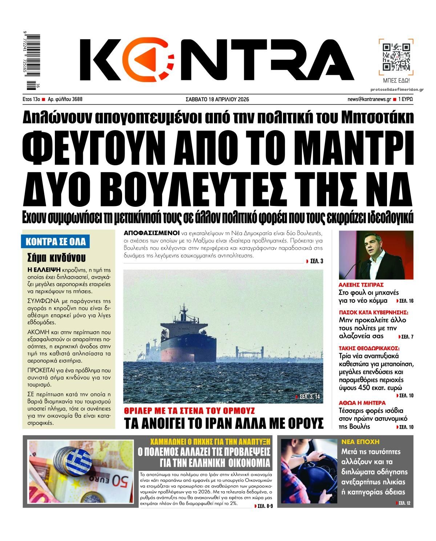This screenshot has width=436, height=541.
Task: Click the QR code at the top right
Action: [396, 57]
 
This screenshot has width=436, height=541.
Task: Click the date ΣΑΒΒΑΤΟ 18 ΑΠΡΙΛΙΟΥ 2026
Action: [217, 99]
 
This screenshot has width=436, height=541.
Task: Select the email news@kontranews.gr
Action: [369, 99]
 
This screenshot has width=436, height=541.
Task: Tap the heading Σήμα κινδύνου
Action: [56, 258]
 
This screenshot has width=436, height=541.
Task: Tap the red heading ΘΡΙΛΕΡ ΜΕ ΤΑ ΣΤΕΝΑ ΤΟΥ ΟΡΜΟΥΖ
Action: [189, 411]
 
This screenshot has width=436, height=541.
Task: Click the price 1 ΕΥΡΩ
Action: [405, 99]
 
